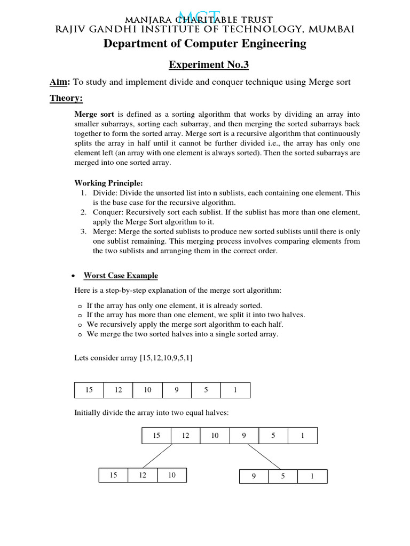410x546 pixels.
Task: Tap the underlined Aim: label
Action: (x=60, y=82)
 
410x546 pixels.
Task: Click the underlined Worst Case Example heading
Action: (x=121, y=276)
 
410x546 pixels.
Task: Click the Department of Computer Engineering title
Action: (x=205, y=44)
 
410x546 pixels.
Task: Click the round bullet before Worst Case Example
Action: (x=72, y=276)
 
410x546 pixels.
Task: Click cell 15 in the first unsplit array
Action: (x=89, y=390)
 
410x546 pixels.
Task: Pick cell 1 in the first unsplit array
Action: (x=235, y=390)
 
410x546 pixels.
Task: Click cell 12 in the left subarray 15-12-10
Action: (x=143, y=475)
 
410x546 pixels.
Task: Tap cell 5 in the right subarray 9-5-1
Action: (x=283, y=477)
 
